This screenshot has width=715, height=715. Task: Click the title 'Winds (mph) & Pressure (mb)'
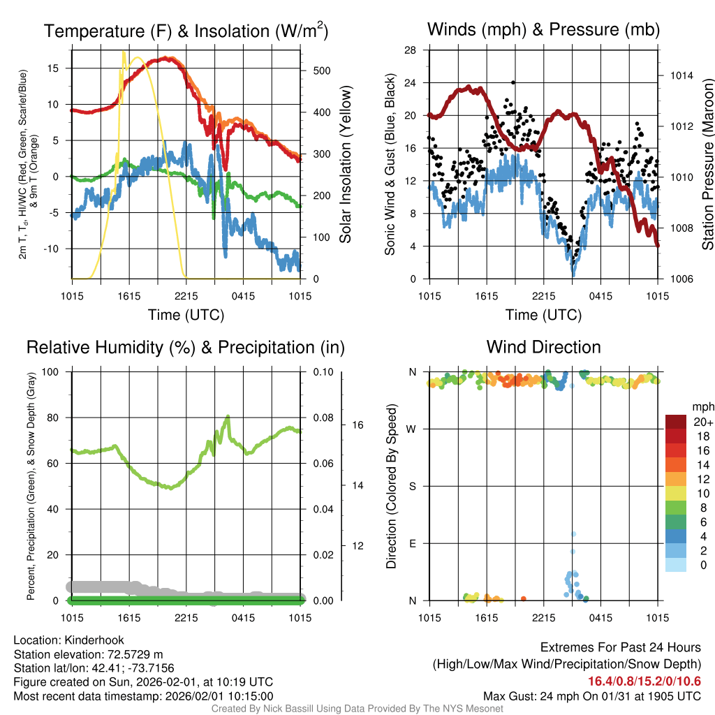pyautogui.click(x=543, y=30)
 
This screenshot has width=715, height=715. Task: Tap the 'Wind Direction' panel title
pyautogui.click(x=543, y=347)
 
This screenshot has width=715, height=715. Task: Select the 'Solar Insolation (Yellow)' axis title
pyautogui.click(x=346, y=165)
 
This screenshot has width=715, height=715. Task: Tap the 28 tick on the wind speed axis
pyautogui.click(x=411, y=50)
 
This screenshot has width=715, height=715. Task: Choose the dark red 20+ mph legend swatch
pyautogui.click(x=677, y=422)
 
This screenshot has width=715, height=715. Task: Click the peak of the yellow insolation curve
pyautogui.click(x=124, y=52)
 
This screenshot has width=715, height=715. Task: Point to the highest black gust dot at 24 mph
pyautogui.click(x=513, y=82)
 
